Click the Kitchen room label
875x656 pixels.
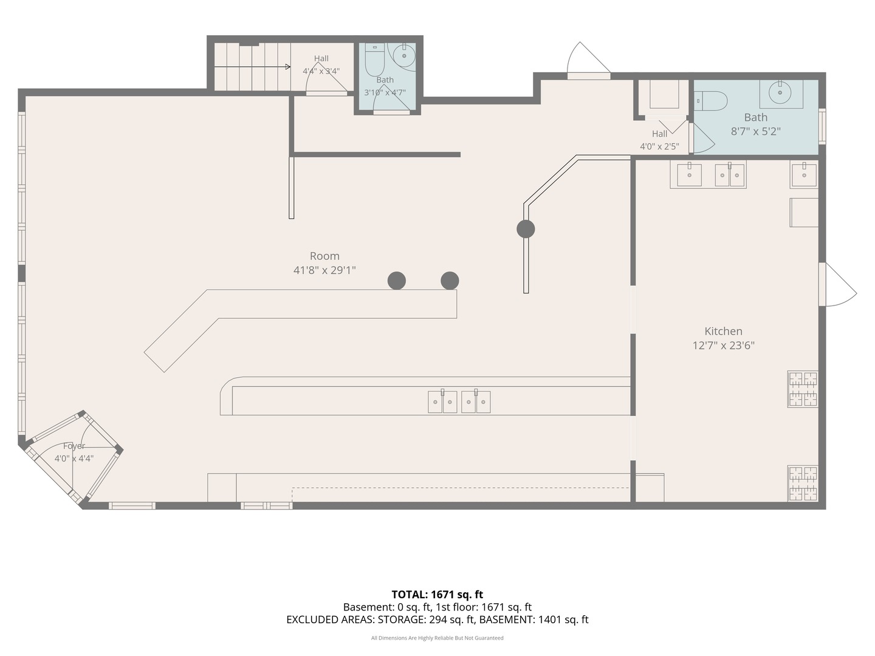click(x=723, y=331)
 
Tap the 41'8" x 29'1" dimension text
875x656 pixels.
click(x=324, y=270)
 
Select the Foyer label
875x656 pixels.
click(x=74, y=446)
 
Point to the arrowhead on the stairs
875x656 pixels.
click(x=288, y=67)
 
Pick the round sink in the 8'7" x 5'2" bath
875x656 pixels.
click(x=780, y=92)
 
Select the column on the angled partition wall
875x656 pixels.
click(x=526, y=229)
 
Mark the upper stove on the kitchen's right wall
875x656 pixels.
click(x=803, y=389)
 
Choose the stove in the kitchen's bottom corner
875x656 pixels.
click(x=803, y=483)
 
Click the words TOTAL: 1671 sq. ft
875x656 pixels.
click(x=437, y=595)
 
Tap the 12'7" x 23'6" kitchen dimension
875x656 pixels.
click(x=723, y=346)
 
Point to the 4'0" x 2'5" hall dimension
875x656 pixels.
click(x=659, y=146)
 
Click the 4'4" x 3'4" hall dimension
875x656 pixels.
click(x=321, y=71)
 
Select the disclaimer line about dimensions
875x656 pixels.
click(x=437, y=638)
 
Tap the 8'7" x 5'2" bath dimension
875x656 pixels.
click(x=755, y=131)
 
